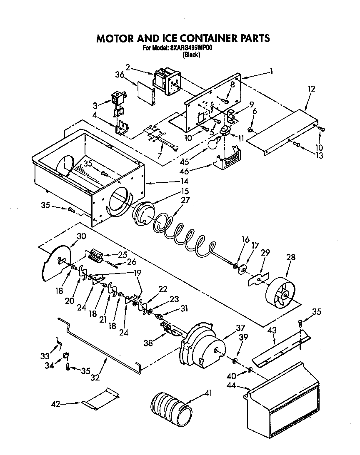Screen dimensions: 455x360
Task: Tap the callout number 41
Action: [208, 392]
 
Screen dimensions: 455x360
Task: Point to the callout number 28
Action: [290, 258]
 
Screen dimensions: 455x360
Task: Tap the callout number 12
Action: [312, 89]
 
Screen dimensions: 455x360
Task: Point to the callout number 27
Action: [185, 200]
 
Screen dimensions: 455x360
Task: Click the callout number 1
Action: [271, 71]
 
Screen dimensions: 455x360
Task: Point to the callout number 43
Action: [272, 330]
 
